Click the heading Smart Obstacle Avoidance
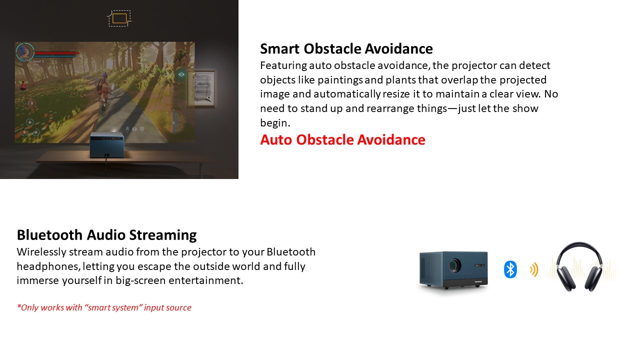346,49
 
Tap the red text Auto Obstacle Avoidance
342,139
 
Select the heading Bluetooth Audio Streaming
106,235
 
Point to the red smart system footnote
104,307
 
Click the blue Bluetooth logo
510,269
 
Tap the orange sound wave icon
533,269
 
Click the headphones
579,267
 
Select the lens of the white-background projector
454,265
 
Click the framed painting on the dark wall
201,88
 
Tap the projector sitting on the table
107,145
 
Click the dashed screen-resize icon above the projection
119,18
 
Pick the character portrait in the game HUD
24,51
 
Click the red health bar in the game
55,53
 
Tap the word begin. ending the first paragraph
275,123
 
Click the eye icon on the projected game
181,74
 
